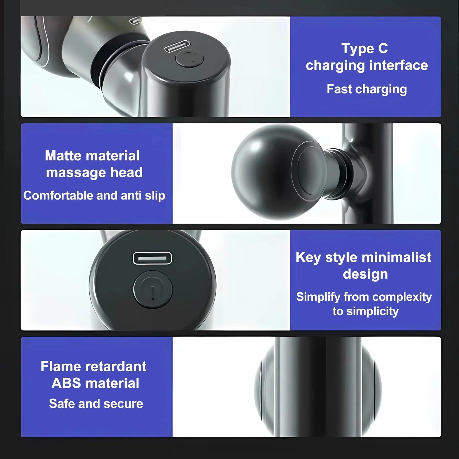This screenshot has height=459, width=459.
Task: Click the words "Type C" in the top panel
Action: point(365,49)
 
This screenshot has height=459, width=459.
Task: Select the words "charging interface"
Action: point(367,66)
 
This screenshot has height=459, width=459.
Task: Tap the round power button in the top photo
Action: point(189,58)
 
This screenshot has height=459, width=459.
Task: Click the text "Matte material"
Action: point(92,156)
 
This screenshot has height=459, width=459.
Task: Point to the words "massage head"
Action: point(94,172)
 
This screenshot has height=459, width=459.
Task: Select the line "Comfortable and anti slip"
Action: point(94,196)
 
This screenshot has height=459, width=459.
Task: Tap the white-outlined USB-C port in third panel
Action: point(152,258)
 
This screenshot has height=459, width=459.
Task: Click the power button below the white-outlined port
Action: point(152,289)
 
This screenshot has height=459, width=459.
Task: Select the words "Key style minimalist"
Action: point(363,258)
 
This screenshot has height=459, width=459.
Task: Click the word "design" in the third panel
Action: point(365,274)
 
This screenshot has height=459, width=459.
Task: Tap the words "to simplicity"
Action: point(366,311)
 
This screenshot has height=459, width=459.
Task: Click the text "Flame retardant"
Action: point(93,366)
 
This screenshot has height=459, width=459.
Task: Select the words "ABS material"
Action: point(95,383)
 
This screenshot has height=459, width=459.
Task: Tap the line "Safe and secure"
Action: point(96,404)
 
